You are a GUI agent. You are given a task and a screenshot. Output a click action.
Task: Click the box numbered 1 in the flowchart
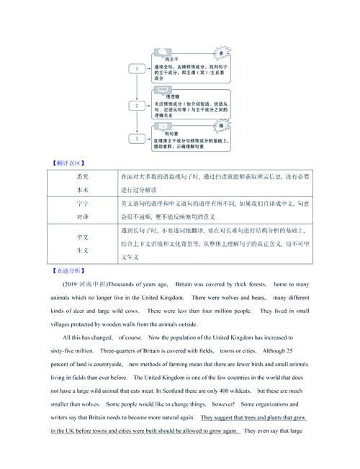click(135, 68)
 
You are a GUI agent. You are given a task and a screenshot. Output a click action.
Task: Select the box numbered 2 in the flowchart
click(135, 106)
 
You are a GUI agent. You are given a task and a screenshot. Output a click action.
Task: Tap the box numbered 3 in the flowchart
click(135, 137)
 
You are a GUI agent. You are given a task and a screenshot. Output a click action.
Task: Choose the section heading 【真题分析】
click(63, 271)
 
